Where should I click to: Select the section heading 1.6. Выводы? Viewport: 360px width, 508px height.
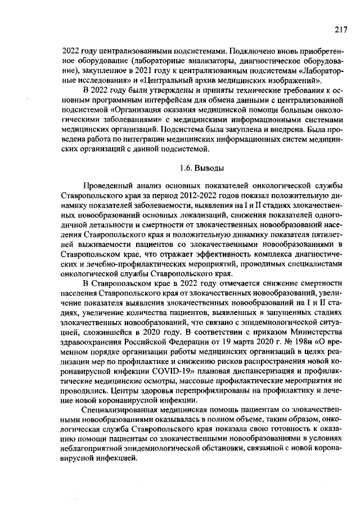[201, 168]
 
